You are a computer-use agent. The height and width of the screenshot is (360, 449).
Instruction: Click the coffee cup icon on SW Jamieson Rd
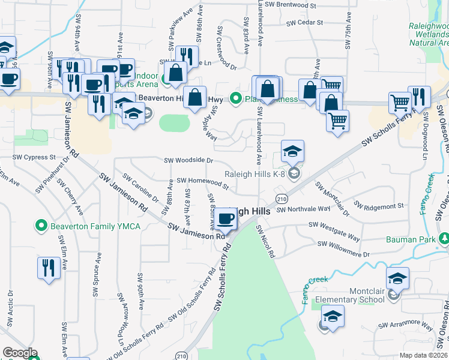pos(226,220)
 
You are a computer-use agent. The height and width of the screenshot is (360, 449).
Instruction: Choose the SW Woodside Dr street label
pos(188,160)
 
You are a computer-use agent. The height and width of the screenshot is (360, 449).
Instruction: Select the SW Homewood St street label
pos(202,182)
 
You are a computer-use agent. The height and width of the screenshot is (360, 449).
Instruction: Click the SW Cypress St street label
pos(35,157)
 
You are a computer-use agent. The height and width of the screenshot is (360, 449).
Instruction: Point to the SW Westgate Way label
pos(334,230)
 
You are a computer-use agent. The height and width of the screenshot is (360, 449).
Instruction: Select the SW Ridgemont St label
pos(378,206)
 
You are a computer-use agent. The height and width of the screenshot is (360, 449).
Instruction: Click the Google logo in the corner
pos(20,353)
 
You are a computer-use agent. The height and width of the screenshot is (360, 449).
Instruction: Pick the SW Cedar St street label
pos(304,23)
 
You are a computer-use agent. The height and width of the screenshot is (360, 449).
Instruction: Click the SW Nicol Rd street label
pos(265,241)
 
